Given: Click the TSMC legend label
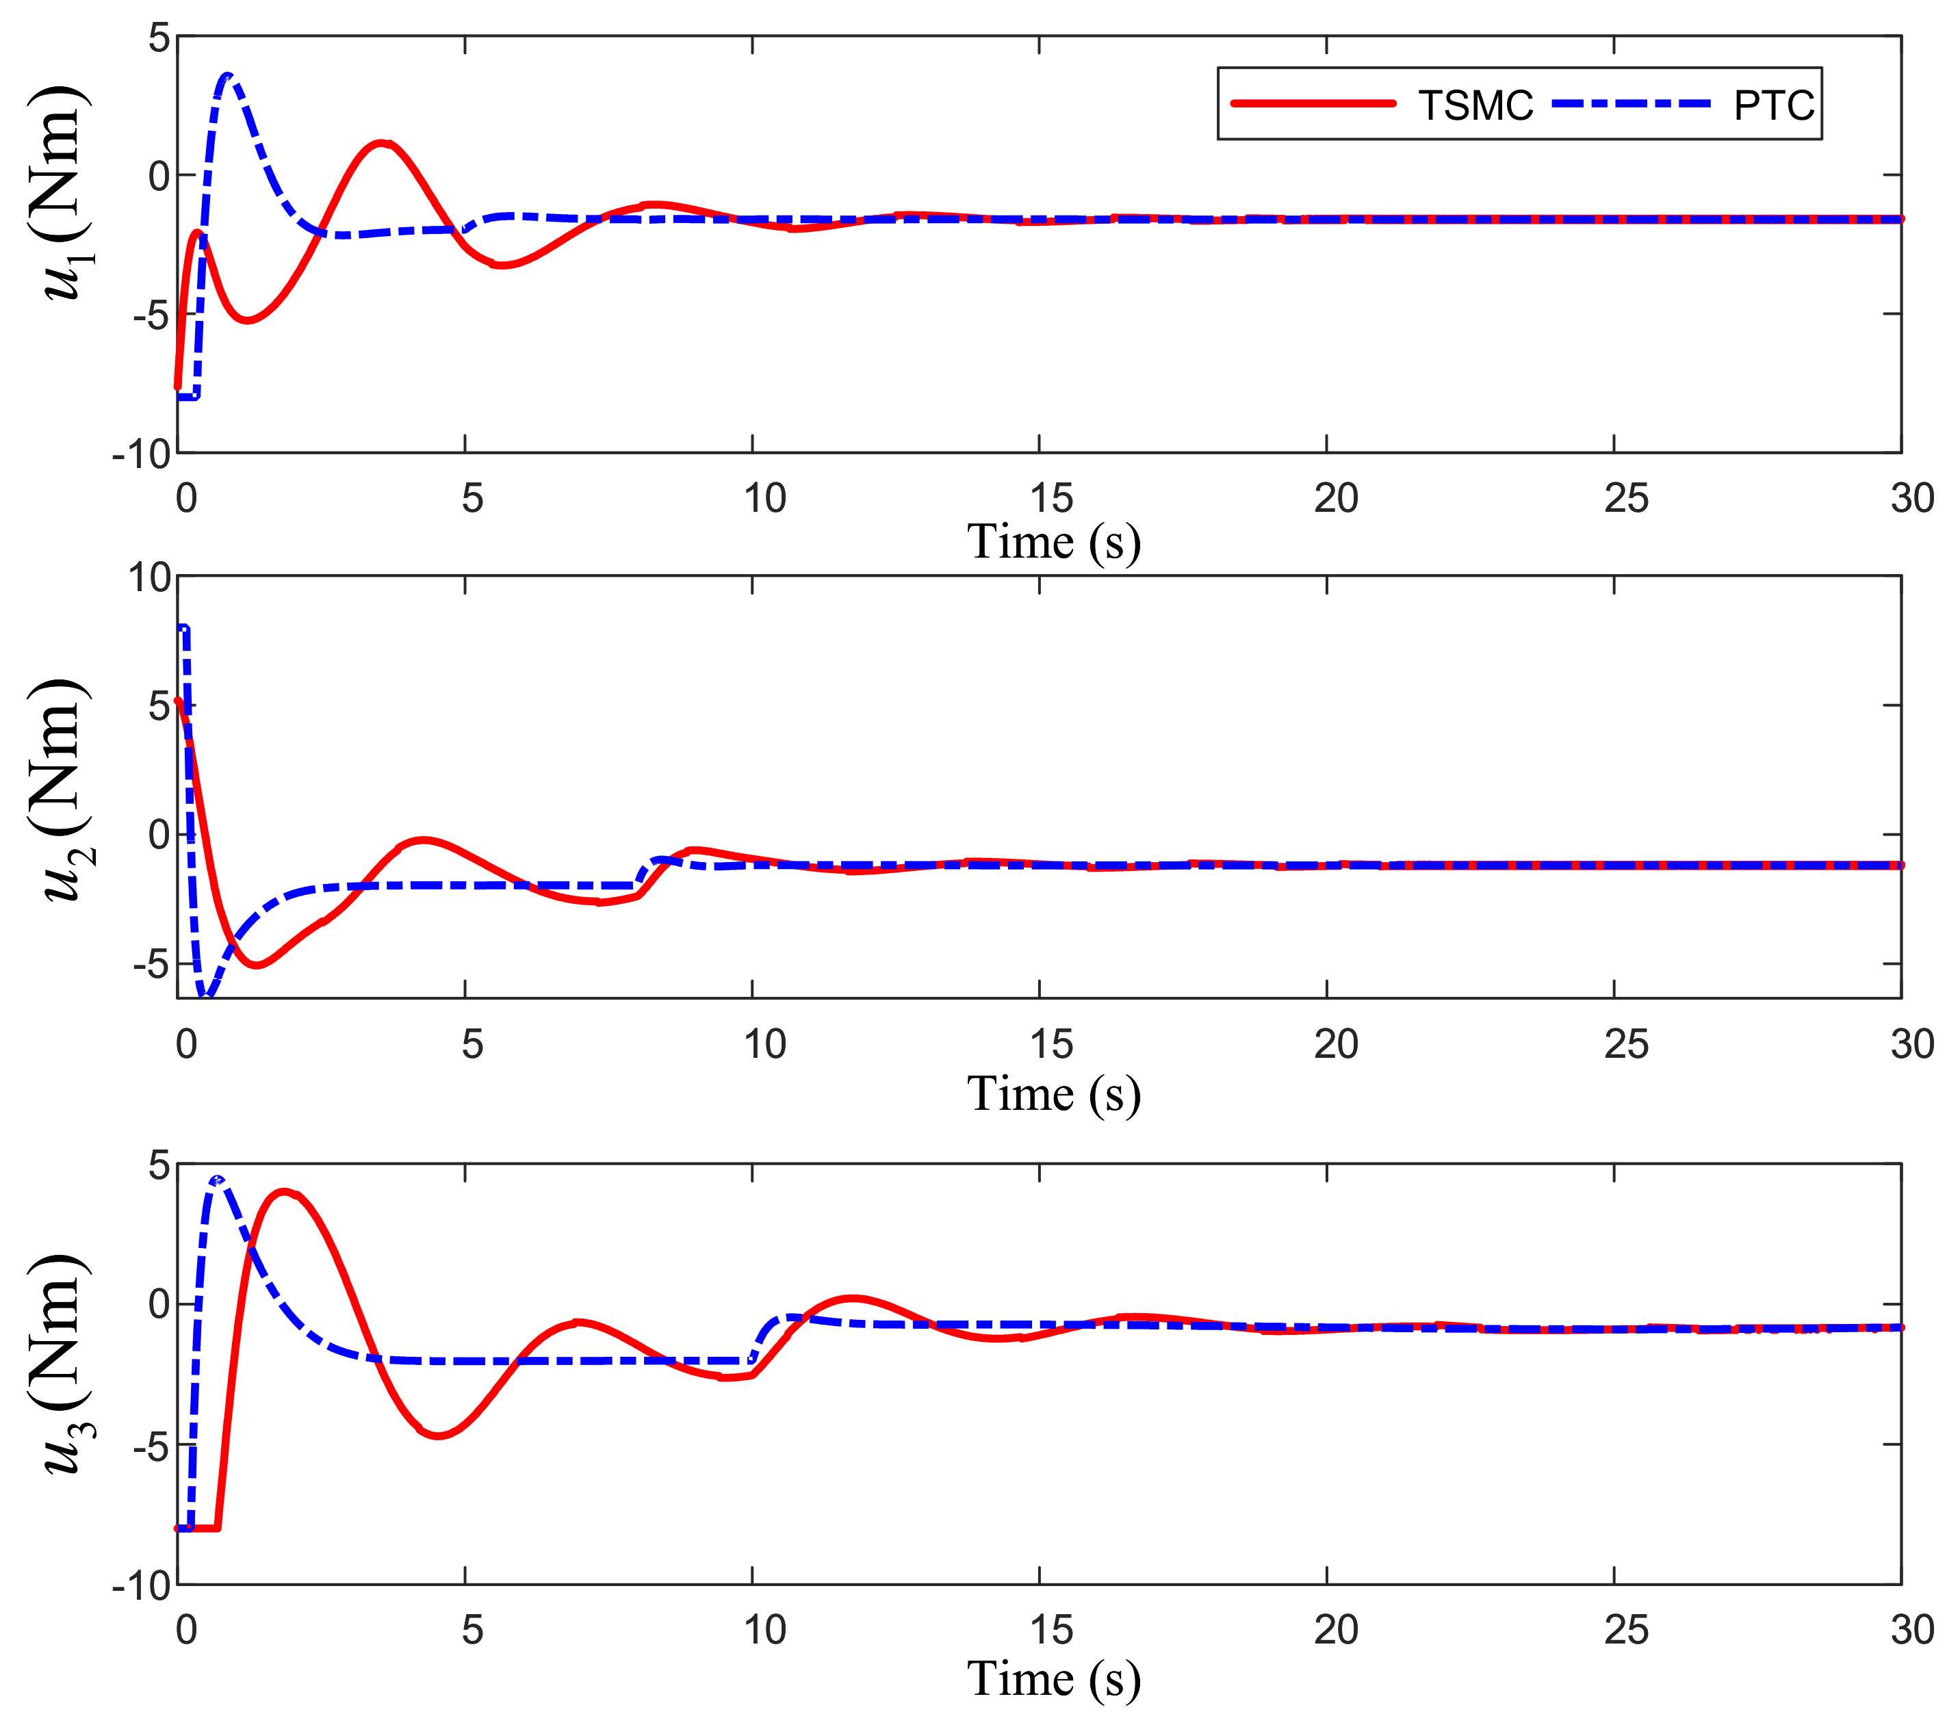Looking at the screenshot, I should pos(1475,105).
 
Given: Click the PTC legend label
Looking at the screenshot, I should pos(1773,105).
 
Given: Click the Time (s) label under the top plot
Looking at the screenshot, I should pos(1053,542).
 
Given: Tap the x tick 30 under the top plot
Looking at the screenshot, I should pos(1911,499).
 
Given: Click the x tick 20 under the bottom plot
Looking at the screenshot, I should pos(1336,1629).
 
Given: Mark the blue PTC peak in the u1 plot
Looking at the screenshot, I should pos(227,75).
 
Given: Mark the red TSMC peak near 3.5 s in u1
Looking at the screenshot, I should pos(382,144).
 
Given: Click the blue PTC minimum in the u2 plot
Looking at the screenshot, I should pos(205,994).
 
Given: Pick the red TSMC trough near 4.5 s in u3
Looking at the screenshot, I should pos(437,1436).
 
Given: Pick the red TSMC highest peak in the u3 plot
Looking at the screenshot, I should pos(284,1192).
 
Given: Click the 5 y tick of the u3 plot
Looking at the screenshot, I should pos(159,1166).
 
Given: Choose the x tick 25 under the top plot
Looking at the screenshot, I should pos(1625,499).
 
